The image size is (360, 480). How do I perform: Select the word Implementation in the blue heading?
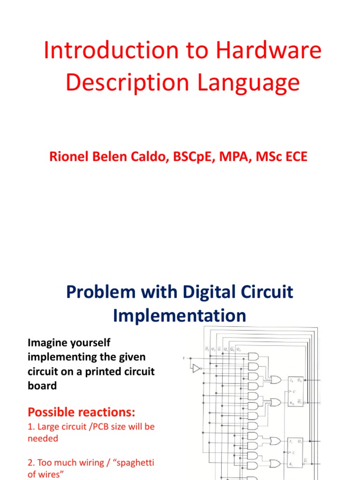180,315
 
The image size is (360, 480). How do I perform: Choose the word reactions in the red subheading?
105,412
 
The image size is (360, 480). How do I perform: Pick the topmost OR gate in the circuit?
276,379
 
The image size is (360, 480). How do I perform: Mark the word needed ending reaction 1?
43,439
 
